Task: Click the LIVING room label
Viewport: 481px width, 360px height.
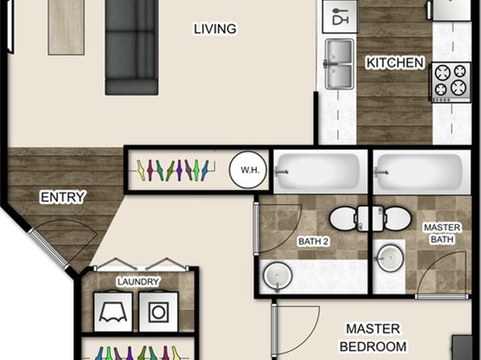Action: click(215, 29)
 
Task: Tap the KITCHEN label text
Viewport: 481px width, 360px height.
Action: click(395, 63)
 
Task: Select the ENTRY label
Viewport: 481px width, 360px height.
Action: click(62, 197)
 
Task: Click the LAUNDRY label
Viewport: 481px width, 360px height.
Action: click(138, 282)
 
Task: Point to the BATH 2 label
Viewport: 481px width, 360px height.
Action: click(313, 241)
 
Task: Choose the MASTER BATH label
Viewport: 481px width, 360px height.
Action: click(442, 233)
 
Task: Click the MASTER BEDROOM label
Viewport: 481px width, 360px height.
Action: click(373, 337)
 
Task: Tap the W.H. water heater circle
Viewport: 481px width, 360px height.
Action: click(249, 170)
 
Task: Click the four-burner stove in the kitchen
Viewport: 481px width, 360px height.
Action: click(451, 82)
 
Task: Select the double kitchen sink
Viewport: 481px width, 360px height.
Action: click(339, 64)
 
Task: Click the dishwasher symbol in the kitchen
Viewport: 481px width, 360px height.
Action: click(340, 16)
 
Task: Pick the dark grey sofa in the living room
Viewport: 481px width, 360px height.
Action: click(132, 48)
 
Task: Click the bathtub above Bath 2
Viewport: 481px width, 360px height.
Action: click(320, 172)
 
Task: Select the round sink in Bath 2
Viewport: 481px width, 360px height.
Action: click(278, 275)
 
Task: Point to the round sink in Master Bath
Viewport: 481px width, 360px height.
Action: click(390, 258)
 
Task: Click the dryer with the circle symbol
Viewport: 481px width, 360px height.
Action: click(158, 312)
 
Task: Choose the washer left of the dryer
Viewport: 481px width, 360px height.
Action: click(113, 312)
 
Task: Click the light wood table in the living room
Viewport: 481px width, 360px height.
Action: click(66, 27)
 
